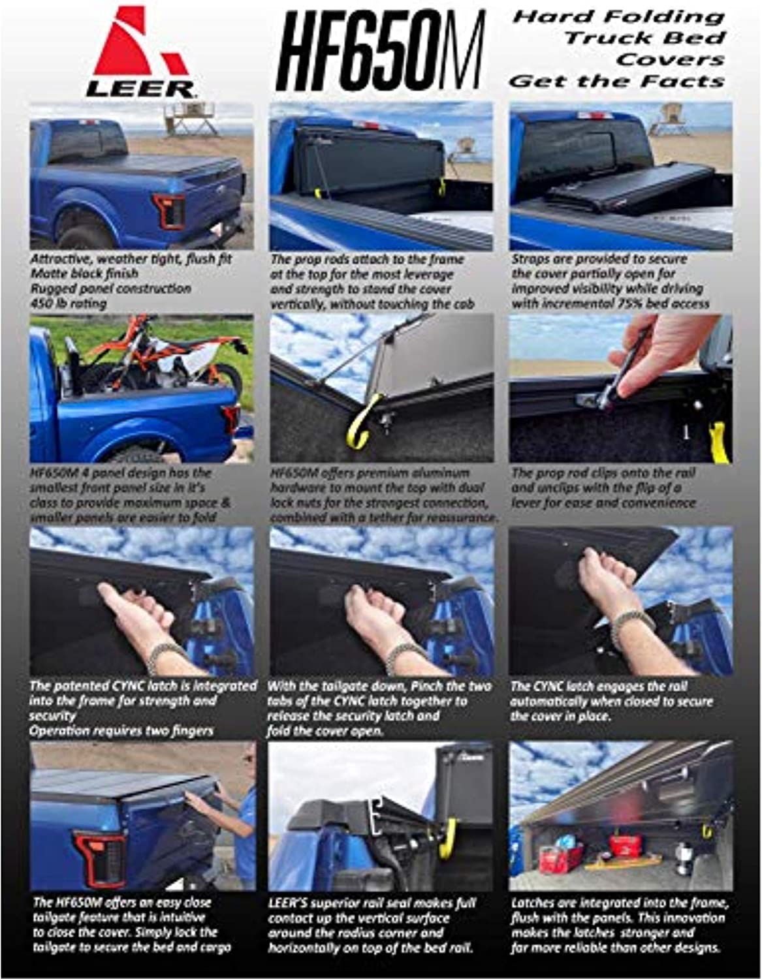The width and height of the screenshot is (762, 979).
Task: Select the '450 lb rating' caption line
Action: (x=69, y=303)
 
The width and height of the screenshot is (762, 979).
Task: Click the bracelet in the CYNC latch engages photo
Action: (x=635, y=624)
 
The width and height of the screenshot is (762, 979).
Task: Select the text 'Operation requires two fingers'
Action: (x=121, y=731)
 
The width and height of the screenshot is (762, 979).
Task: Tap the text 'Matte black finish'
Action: (x=85, y=273)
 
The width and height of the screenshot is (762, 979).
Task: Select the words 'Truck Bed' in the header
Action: (x=644, y=38)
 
